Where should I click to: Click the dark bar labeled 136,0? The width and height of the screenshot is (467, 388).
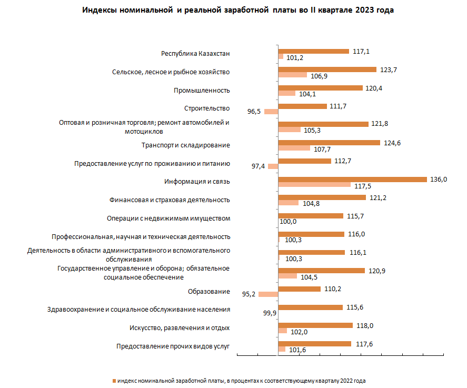pos(353,180)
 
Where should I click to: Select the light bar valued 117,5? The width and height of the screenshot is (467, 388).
pos(314,185)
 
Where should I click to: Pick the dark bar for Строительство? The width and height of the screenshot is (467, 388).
pos(303,106)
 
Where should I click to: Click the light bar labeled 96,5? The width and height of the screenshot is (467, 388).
pos(271,112)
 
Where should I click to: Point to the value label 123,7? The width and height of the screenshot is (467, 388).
pos(389,70)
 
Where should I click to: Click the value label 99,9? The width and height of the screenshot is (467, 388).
pos(270,313)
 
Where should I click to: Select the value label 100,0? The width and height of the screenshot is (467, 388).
pos(288,222)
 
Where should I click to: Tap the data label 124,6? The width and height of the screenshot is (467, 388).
pos(392,143)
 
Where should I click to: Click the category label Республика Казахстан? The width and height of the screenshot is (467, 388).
pos(195,54)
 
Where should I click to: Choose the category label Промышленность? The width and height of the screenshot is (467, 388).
pos(202,91)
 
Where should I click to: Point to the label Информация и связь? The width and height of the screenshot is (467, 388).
pos(197,182)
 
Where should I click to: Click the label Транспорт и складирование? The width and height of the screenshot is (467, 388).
pos(185,145)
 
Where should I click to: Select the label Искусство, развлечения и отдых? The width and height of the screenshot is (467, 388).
pos(180,328)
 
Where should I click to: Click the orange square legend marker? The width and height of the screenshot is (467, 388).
pos(114,381)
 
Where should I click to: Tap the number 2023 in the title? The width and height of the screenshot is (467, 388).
pos(364,10)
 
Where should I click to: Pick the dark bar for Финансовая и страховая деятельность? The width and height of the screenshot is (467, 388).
pos(322,197)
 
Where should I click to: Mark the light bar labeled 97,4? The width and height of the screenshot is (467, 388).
pos(273,166)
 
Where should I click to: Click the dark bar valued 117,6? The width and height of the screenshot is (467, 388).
pos(315,344)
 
